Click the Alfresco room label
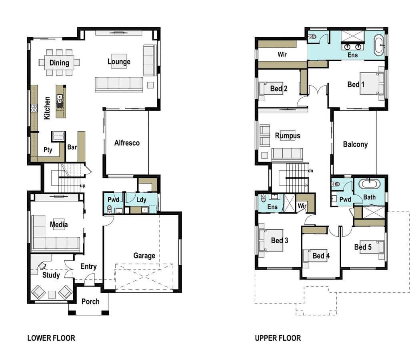[x=127, y=143]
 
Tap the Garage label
[x=144, y=256]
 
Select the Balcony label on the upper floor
[x=355, y=144]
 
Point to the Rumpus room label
[x=288, y=136]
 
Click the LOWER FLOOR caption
[x=51, y=338]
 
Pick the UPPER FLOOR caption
[x=278, y=338]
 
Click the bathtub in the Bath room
[x=369, y=184]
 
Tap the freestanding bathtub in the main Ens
[x=378, y=46]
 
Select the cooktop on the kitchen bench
[x=34, y=108]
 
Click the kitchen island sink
[x=60, y=99]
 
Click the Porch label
[x=90, y=302]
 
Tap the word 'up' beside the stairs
[x=82, y=186]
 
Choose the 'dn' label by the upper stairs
[x=310, y=170]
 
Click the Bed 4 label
[x=321, y=256]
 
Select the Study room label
[x=51, y=275]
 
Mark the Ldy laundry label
[x=141, y=200]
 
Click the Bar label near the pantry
[x=72, y=147]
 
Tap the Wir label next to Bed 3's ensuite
[x=302, y=206]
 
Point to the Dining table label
[x=59, y=63]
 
